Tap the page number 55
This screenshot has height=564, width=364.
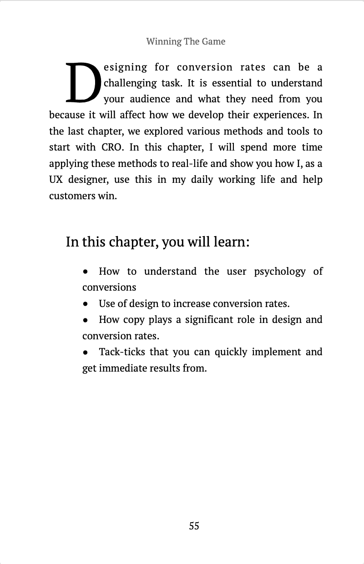tap(194, 526)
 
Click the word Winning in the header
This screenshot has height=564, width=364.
tap(164, 41)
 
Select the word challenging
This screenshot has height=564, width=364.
tap(130, 83)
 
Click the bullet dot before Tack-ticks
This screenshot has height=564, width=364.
tap(86, 352)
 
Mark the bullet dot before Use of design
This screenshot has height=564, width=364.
tap(86, 304)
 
